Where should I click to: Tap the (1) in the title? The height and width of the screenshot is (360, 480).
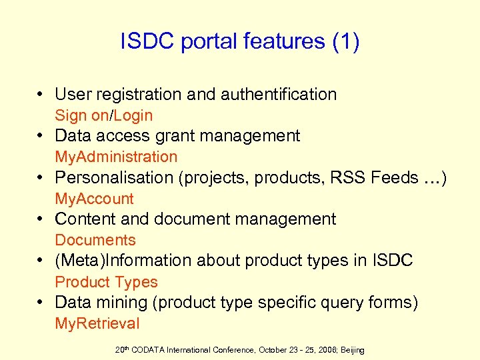(x=345, y=42)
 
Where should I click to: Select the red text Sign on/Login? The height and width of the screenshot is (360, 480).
(x=103, y=115)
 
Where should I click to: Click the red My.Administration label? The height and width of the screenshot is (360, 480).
(x=116, y=157)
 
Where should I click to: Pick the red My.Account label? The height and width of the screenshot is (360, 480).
(x=94, y=199)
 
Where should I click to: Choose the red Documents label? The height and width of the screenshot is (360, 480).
(x=95, y=240)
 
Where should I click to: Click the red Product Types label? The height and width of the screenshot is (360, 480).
(x=106, y=282)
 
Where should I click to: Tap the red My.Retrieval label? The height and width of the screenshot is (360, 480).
(x=97, y=324)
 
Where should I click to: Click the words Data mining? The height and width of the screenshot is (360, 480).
(x=101, y=303)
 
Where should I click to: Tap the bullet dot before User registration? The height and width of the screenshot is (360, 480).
(x=41, y=95)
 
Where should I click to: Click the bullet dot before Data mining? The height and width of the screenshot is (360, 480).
(x=41, y=303)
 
